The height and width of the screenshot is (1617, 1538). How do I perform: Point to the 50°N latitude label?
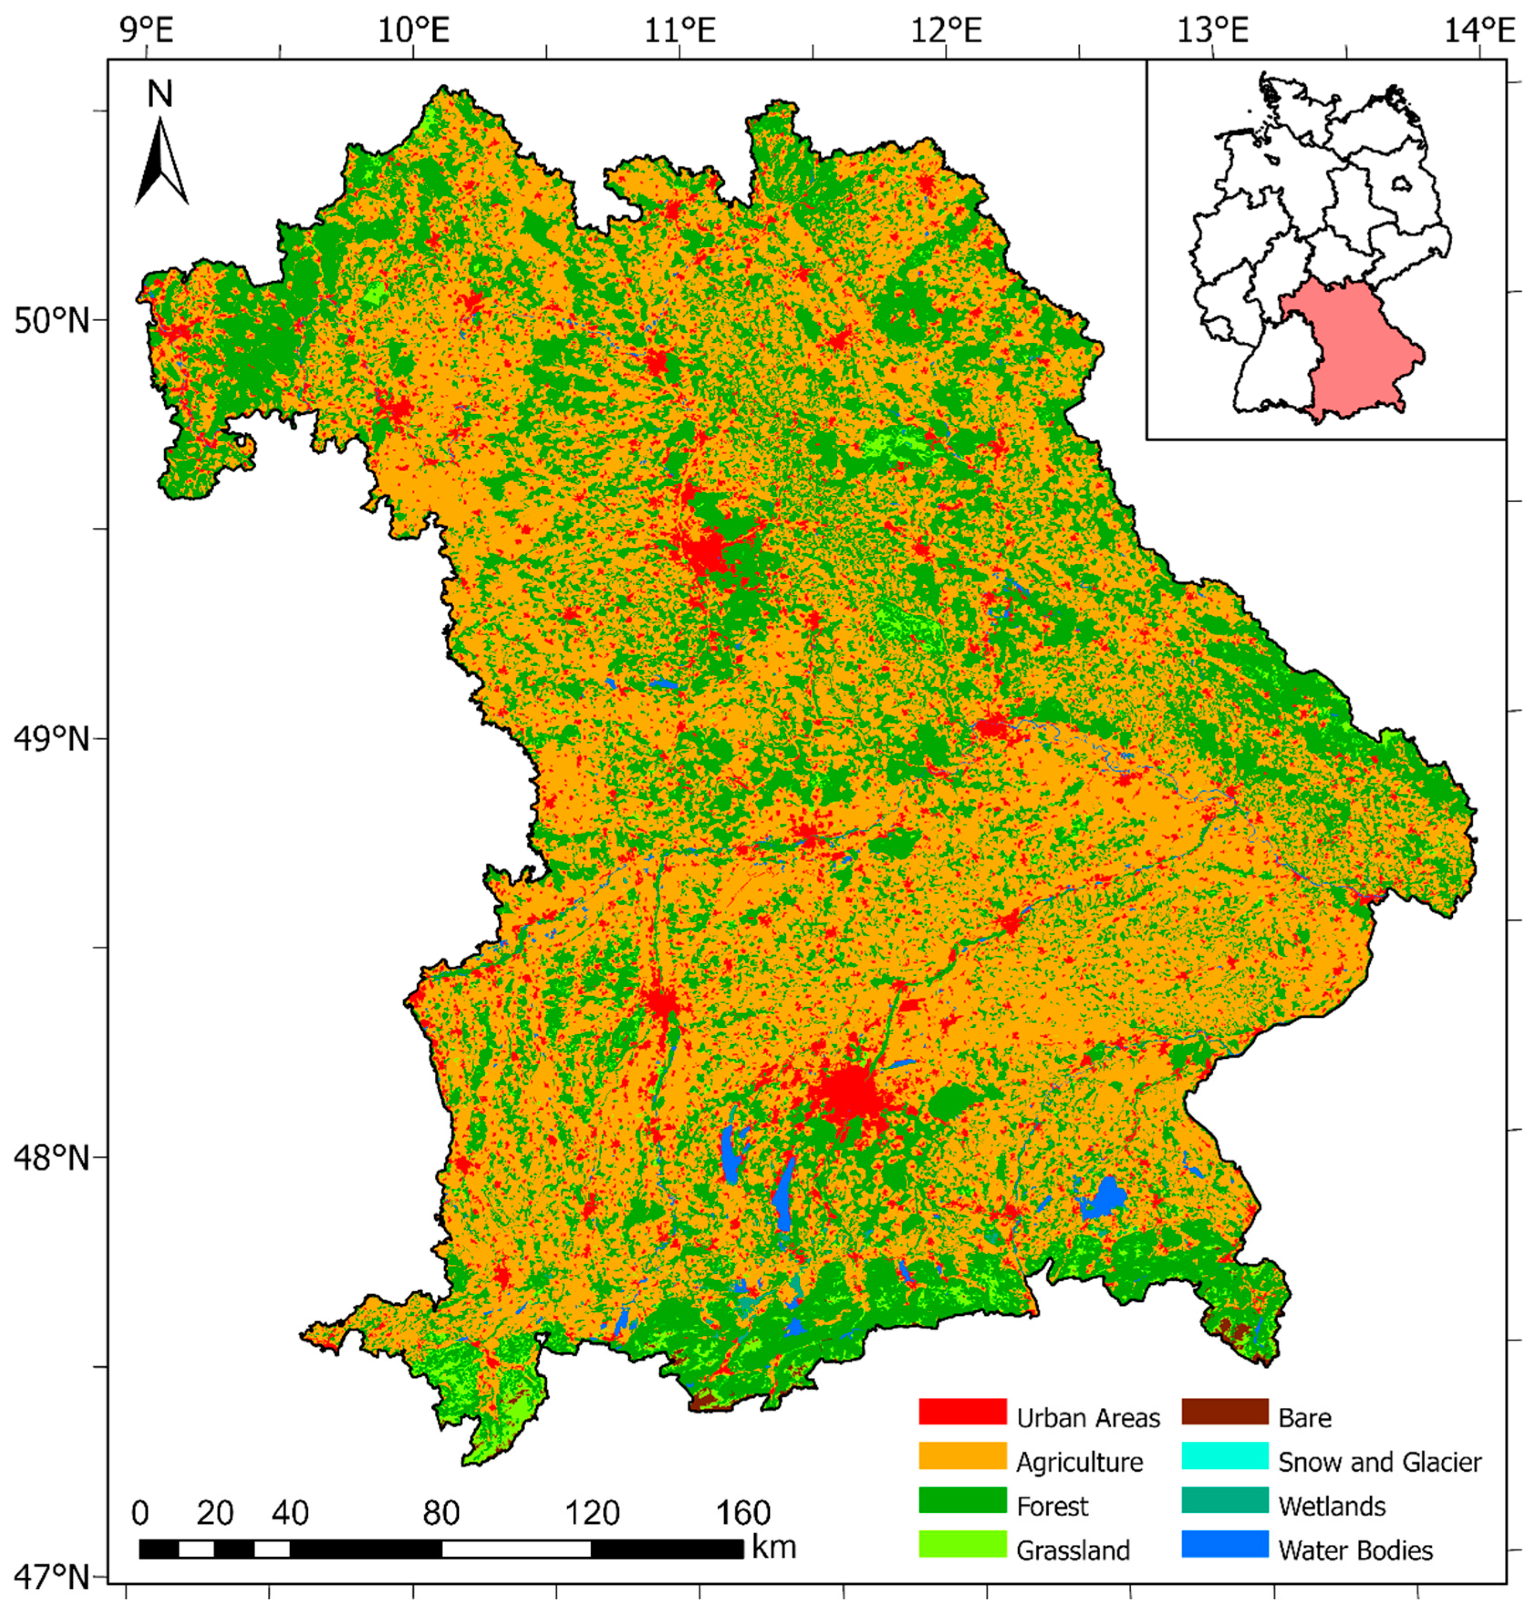[x=51, y=320]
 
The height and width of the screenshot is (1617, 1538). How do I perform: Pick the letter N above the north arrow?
[x=160, y=94]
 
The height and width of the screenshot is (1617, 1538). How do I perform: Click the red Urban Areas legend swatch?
[x=962, y=1412]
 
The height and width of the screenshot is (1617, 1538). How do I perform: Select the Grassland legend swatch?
[x=962, y=1544]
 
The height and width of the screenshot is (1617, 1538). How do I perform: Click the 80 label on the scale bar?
[x=440, y=1513]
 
